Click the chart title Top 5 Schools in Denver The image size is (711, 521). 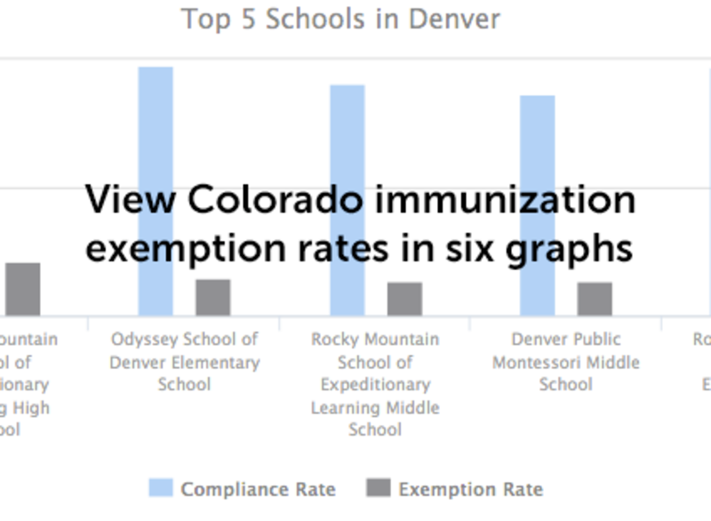(340, 19)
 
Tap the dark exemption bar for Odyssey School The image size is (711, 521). (213, 297)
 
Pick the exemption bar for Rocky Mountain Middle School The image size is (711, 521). (404, 299)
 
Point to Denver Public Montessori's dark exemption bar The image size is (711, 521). (595, 299)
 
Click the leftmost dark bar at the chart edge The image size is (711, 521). (23, 289)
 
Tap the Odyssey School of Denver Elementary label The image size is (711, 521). (185, 362)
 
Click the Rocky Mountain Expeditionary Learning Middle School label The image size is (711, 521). (375, 384)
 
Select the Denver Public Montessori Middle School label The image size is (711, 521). (566, 362)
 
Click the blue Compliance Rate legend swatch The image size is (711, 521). (160, 488)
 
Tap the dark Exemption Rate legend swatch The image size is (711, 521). (378, 488)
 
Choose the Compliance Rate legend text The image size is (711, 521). (258, 489)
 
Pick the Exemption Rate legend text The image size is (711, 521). (470, 489)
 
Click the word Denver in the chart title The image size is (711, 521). (455, 19)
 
